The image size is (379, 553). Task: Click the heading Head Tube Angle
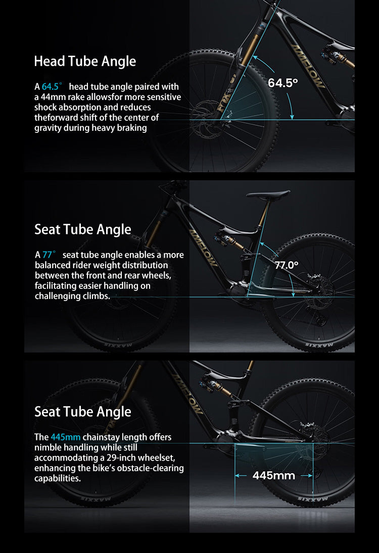85,62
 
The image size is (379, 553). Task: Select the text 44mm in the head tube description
51,97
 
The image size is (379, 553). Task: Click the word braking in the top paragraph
133,128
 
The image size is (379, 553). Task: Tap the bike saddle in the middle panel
268,194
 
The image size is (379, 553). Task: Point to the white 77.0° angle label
287,265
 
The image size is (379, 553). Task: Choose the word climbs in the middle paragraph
98,296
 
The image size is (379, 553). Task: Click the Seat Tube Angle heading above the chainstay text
83,412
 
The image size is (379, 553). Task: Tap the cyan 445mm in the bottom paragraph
66,437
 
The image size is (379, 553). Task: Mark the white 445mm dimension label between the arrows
273,475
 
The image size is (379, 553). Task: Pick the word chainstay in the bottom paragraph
101,437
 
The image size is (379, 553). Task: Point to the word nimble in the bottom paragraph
48,447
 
